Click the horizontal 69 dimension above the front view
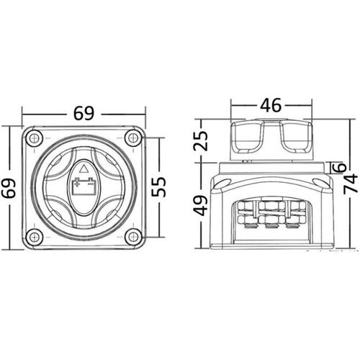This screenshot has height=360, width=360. click(x=84, y=113)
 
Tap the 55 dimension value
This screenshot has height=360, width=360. click(x=158, y=186)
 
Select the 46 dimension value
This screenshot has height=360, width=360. click(x=271, y=105)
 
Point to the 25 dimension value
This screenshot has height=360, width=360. click(x=200, y=140)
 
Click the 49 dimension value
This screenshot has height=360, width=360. click(x=200, y=206)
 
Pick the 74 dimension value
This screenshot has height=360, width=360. click(x=351, y=184)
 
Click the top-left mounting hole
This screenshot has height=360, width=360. click(x=34, y=138)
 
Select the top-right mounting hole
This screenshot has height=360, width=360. click(x=133, y=138)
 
